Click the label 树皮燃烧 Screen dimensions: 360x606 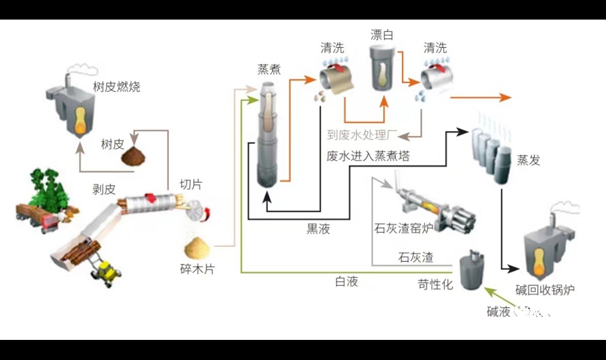point(116,86)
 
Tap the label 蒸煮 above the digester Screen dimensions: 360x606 point(269,69)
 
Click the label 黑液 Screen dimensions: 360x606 point(318,230)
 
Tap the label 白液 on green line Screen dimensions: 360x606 point(346,281)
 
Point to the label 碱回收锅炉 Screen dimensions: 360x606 point(545,289)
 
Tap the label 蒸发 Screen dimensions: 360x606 point(528,160)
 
